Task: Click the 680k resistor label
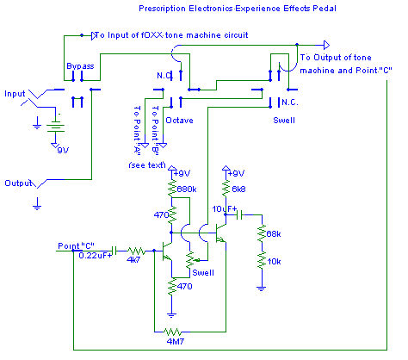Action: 187,189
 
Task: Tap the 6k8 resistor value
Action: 238,189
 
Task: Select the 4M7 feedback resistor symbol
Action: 173,332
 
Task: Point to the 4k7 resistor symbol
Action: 137,251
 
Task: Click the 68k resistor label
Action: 274,234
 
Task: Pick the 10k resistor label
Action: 274,262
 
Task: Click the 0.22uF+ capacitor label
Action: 95,256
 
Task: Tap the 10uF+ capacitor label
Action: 225,209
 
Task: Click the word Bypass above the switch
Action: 80,66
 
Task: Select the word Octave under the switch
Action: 179,121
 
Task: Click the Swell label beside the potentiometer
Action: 203,272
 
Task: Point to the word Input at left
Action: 15,94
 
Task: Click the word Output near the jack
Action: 18,183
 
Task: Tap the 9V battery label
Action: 63,150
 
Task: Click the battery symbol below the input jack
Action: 55,126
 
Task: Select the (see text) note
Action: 147,165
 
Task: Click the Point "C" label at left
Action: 76,246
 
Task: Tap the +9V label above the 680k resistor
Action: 182,173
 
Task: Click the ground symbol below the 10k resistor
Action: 262,289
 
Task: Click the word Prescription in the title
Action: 162,9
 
